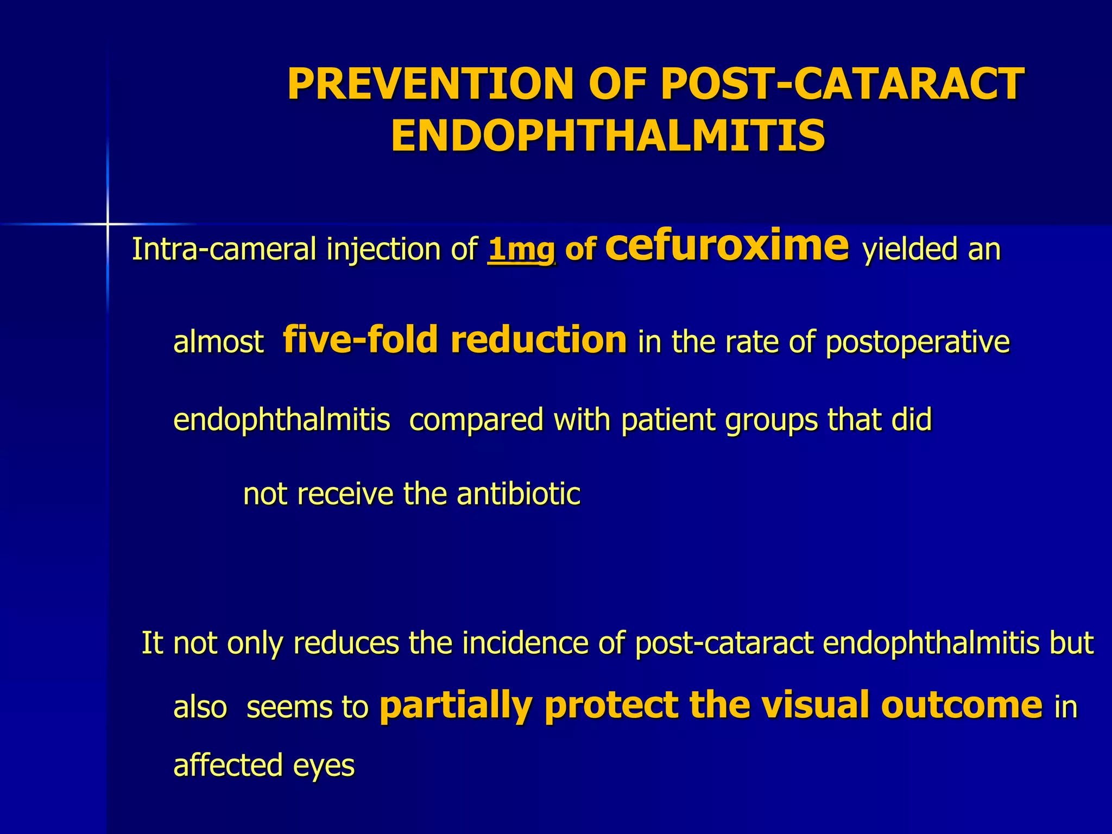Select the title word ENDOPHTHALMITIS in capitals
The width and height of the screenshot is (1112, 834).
[x=608, y=136]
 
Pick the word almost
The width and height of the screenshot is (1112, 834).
[x=218, y=343]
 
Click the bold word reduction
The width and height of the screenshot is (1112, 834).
[x=539, y=339]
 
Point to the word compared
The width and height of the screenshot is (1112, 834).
[x=476, y=420]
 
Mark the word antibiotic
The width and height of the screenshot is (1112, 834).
[x=519, y=494]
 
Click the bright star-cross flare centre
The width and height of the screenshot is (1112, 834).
[x=108, y=223]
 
